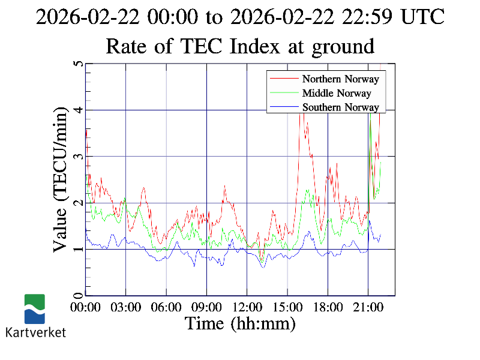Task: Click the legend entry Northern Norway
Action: click(340, 79)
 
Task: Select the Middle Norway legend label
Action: click(337, 93)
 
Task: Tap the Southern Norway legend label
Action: click(340, 107)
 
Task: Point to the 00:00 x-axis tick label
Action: click(85, 307)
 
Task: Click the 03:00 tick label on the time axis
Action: click(125, 307)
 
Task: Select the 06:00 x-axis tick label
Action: click(166, 307)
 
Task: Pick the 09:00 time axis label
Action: click(206, 307)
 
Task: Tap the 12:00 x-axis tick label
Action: click(247, 307)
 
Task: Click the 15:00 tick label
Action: click(287, 307)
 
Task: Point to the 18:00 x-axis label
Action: click(328, 307)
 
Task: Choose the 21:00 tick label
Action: click(368, 307)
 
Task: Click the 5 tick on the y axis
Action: click(77, 64)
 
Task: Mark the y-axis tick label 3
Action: click(77, 157)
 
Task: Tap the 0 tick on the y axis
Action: click(77, 295)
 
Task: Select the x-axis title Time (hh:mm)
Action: click(240, 324)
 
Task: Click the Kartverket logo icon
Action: click(35, 308)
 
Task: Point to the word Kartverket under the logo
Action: click(35, 332)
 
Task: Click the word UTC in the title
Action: click(423, 17)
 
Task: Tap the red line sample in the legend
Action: click(284, 79)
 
